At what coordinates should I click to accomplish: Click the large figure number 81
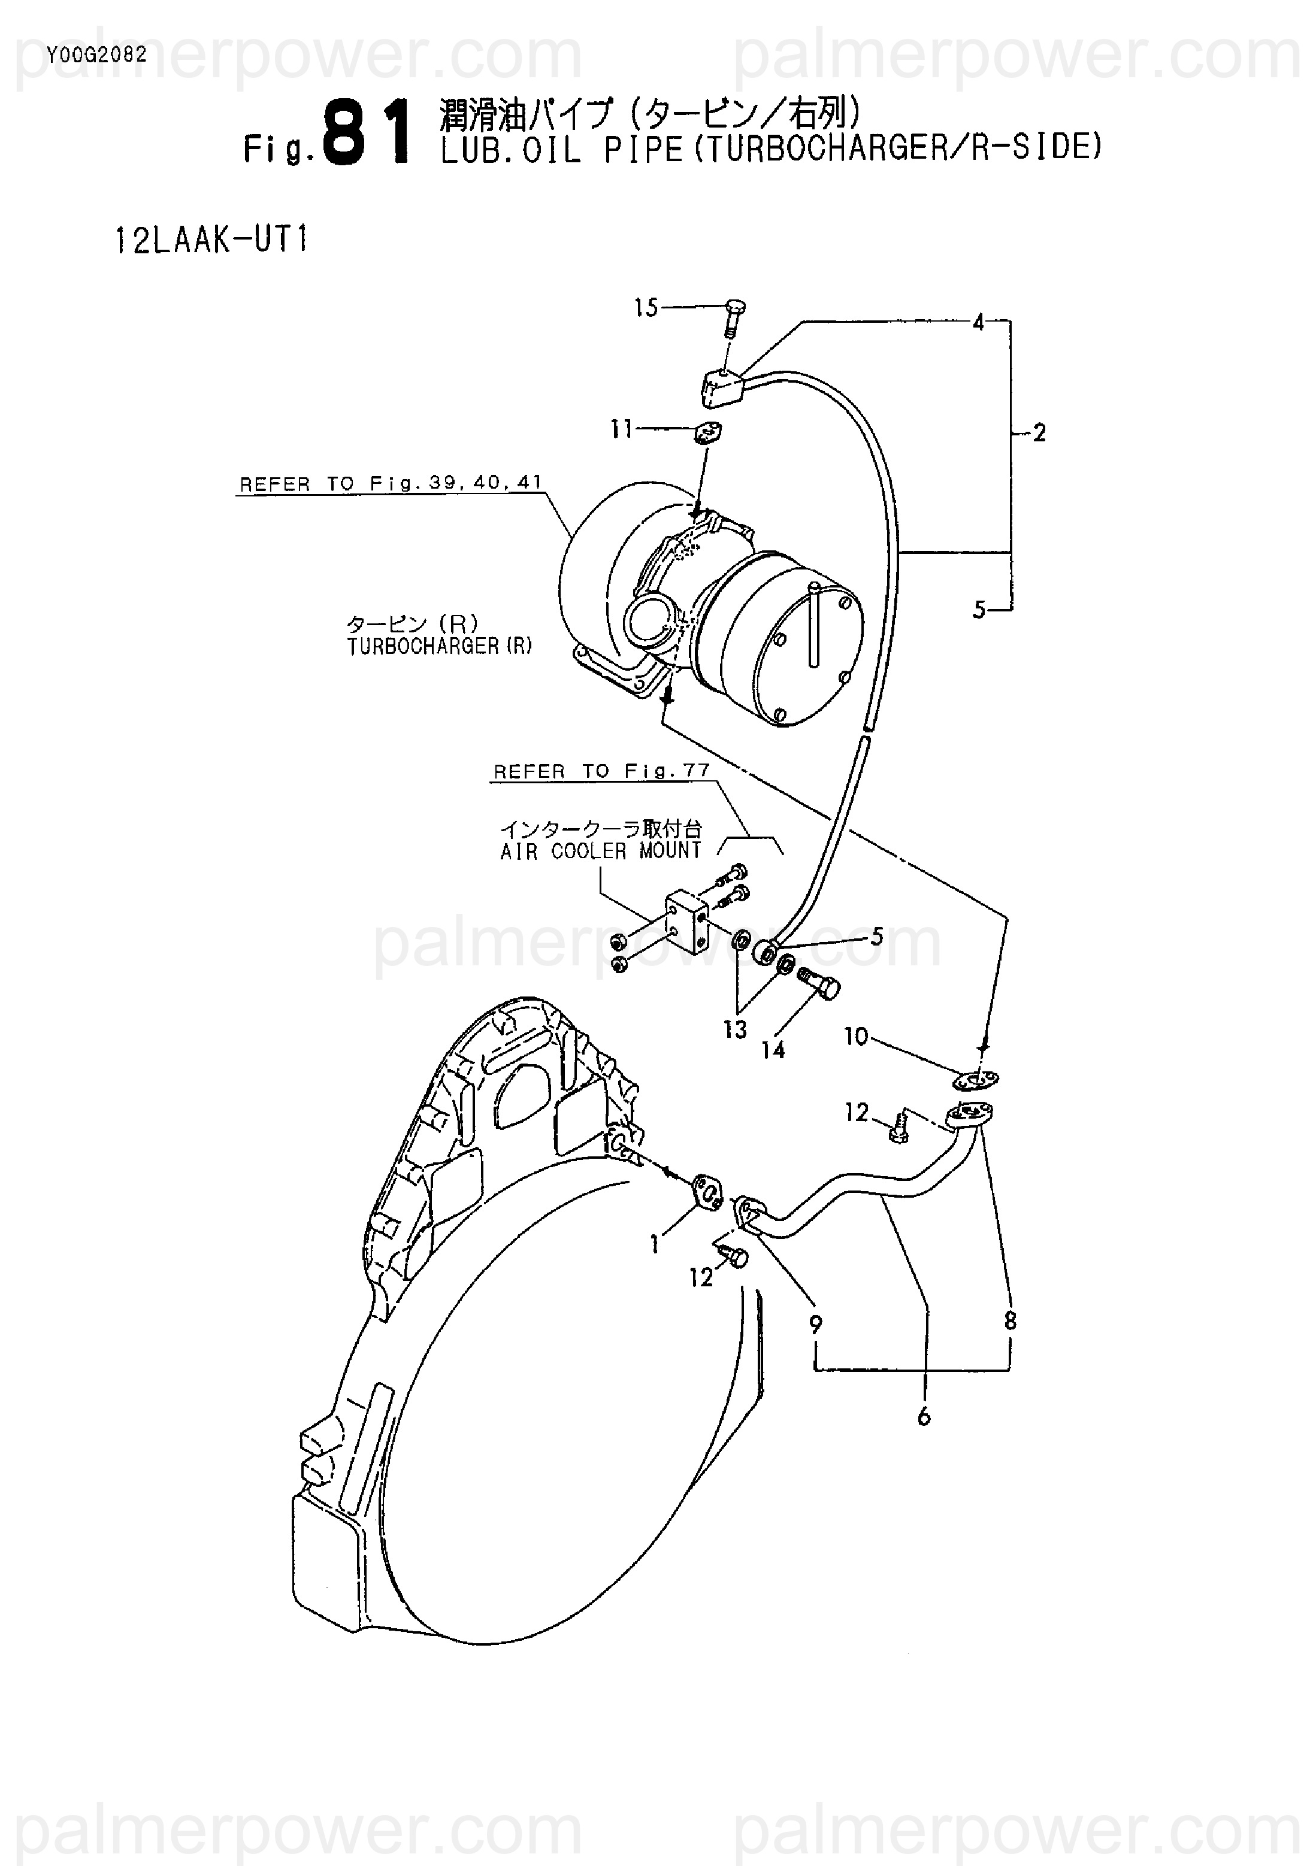tap(366, 132)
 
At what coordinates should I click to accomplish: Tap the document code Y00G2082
tap(96, 55)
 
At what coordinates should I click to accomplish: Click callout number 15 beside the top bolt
tap(646, 308)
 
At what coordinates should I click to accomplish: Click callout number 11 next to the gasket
tap(622, 429)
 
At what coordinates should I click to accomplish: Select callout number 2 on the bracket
tap(1039, 433)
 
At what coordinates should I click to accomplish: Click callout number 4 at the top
tap(979, 323)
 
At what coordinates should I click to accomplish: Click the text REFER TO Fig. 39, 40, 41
tap(390, 483)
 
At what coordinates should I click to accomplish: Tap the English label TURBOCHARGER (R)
tap(439, 646)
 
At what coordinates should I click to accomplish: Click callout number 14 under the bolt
tap(773, 1050)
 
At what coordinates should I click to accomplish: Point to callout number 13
tap(735, 1030)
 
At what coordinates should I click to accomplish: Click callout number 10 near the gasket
tap(856, 1037)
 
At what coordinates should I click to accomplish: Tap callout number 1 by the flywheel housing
tap(654, 1245)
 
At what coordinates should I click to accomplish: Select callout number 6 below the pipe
tap(924, 1417)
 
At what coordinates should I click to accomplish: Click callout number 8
tap(1011, 1320)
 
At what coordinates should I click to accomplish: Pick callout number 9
tap(815, 1325)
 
